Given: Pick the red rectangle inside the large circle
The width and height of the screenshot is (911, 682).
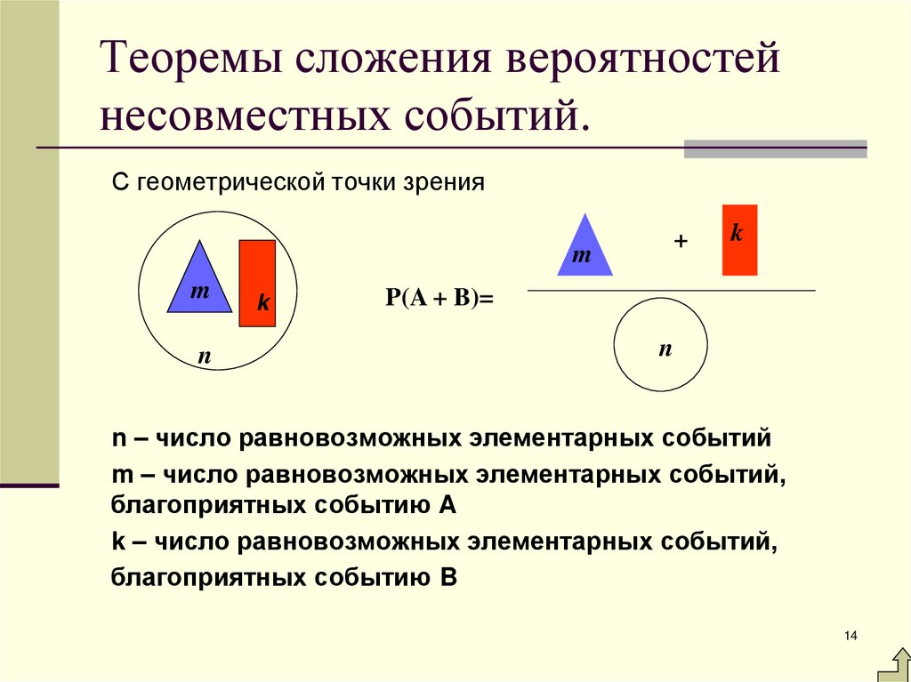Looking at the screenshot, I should [x=257, y=283].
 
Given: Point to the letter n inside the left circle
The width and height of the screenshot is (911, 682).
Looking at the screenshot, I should [x=204, y=357].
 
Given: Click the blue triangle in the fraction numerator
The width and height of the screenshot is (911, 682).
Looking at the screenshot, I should [x=584, y=249].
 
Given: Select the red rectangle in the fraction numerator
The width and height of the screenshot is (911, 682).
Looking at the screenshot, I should [x=739, y=240].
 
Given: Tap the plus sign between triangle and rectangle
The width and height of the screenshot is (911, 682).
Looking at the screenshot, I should [x=682, y=242].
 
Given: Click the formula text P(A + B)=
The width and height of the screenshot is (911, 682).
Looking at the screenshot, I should [x=439, y=299].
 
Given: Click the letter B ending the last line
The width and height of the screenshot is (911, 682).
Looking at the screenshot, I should [x=447, y=578].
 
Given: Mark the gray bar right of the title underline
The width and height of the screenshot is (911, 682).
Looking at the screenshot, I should [x=775, y=148].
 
